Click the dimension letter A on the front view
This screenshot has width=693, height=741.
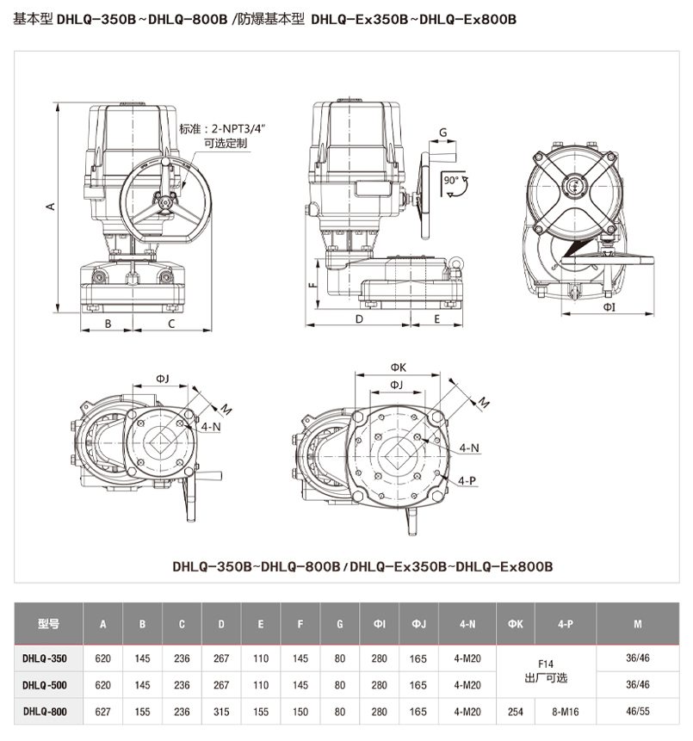(x=51, y=207)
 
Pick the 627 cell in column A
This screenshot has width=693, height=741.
(x=102, y=712)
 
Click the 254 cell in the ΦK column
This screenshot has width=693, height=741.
(x=515, y=712)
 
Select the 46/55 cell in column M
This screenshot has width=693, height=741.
(x=638, y=712)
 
